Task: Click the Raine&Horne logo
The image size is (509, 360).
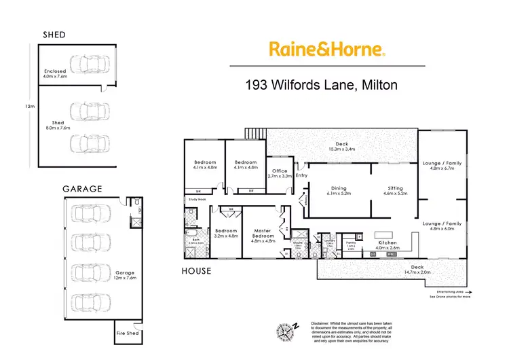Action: point(327,48)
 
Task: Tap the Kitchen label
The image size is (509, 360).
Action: point(388,245)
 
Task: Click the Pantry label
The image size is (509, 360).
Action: point(351,245)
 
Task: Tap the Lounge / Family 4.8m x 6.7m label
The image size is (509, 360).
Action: point(442,166)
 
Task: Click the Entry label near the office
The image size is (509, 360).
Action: point(302,176)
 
